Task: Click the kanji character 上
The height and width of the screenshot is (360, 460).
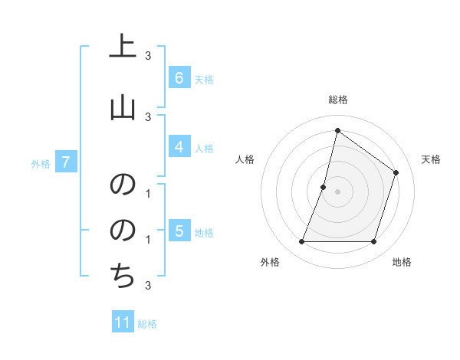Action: click(123, 47)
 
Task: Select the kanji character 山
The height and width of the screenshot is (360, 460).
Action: click(123, 108)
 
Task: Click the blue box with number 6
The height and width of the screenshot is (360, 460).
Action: click(179, 78)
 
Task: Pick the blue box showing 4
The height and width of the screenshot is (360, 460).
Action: click(179, 147)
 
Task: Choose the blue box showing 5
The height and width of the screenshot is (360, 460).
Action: click(179, 231)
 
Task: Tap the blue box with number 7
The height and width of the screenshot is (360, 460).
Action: click(66, 162)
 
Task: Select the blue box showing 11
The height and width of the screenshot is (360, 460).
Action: click(123, 322)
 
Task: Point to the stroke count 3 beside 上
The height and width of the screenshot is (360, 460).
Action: click(148, 55)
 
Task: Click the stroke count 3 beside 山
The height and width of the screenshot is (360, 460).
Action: click(148, 116)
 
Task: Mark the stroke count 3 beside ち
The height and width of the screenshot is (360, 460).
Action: click(148, 286)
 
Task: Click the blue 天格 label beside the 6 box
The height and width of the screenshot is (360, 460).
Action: click(204, 80)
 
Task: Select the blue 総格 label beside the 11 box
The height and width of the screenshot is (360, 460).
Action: click(147, 324)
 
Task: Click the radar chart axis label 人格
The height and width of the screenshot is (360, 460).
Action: click(245, 159)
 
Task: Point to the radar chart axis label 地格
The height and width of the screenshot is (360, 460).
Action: click(402, 262)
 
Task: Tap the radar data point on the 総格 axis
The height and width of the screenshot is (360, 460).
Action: click(337, 130)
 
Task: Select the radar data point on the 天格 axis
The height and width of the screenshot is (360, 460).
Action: click(396, 172)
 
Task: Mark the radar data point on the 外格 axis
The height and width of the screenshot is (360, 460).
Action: click(301, 242)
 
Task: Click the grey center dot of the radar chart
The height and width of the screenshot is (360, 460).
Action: click(337, 191)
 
